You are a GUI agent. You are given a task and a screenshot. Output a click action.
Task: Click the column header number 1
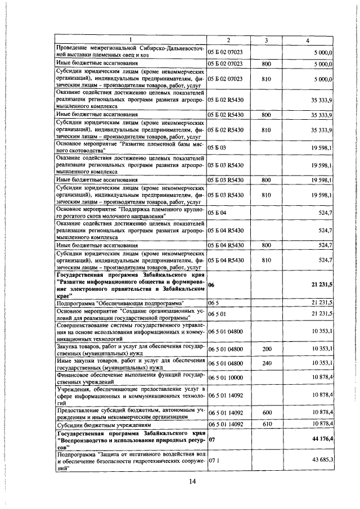pos(130,40)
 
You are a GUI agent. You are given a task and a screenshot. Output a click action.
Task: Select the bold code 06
pos(211,285)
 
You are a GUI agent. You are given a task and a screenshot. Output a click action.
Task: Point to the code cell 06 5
pos(213,303)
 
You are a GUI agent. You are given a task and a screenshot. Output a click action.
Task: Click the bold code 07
pos(211,439)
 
